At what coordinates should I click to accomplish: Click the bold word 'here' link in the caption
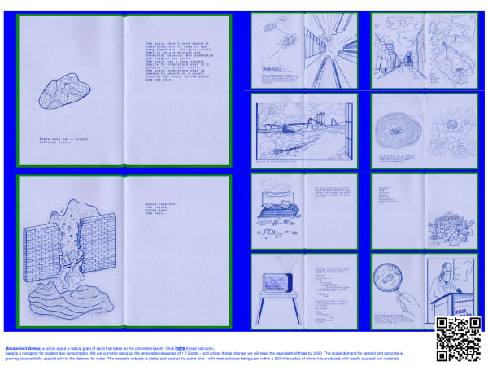pyautogui.click(x=180, y=347)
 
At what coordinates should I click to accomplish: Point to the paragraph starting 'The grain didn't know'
pyautogui.click(x=177, y=60)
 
